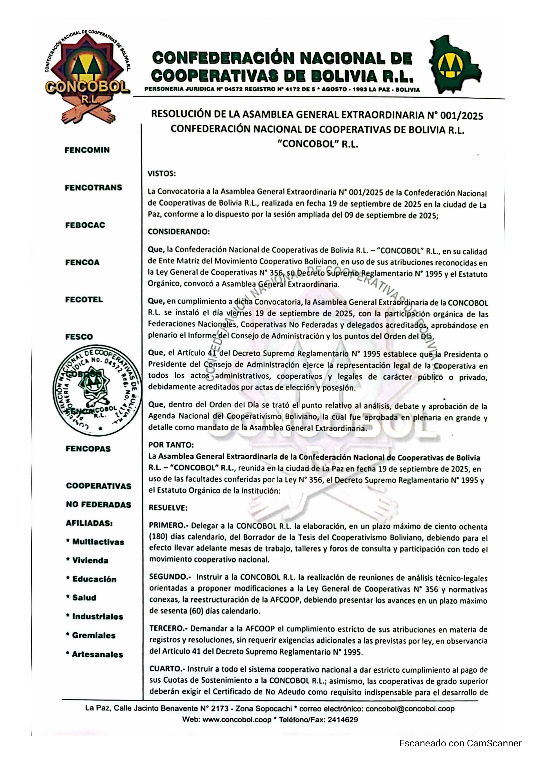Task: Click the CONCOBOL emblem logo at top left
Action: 87,78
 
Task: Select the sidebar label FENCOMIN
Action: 87,150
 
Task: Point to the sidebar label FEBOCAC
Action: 85,225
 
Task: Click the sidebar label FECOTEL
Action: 84,300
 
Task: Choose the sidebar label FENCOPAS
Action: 88,449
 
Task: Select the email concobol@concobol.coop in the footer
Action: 410,709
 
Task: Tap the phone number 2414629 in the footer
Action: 343,720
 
